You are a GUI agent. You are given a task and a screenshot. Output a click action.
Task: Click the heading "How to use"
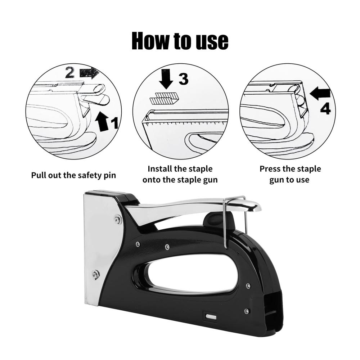point(180,41)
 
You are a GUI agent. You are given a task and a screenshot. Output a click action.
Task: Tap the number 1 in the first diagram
point(114,122)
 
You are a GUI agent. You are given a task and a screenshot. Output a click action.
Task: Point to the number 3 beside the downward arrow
point(184,79)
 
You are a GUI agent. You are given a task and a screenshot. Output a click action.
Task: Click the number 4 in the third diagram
point(325,109)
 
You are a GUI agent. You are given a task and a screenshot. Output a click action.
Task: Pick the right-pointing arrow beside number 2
point(89,73)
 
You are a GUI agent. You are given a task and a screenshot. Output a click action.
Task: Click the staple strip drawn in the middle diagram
point(165,98)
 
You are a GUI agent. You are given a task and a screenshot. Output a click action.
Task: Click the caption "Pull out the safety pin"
point(73,175)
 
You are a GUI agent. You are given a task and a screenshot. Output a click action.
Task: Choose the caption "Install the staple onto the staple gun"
point(180,174)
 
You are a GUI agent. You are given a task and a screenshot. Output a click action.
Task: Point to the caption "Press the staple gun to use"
point(290,174)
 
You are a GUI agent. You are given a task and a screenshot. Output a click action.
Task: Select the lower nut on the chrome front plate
point(95,275)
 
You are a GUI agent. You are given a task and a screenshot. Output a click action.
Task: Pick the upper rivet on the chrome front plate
point(118,220)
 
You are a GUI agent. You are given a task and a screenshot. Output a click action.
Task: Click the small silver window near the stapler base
point(211,317)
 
